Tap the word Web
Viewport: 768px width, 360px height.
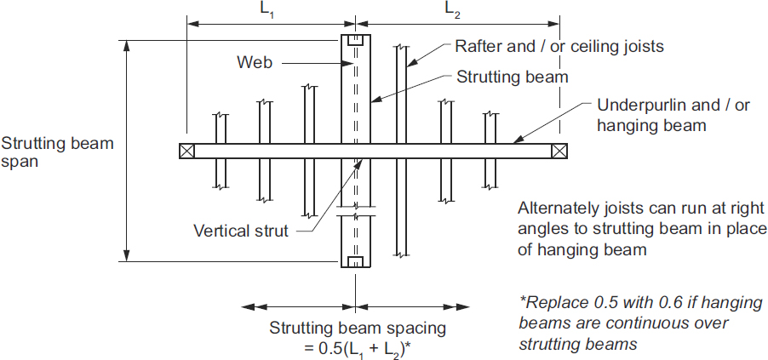[253, 61]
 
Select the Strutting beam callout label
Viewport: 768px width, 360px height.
[512, 77]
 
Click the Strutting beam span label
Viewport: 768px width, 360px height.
[57, 151]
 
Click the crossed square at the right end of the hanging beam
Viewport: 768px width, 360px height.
[559, 151]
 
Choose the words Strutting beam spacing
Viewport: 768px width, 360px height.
[357, 327]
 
